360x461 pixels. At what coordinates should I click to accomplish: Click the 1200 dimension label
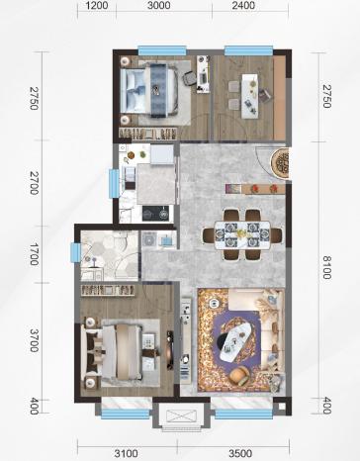[97, 5]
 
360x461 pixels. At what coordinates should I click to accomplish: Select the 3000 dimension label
[159, 5]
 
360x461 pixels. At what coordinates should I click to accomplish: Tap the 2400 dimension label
[243, 5]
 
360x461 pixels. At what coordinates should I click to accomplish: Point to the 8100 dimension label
[326, 267]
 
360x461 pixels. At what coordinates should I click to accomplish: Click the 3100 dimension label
[126, 453]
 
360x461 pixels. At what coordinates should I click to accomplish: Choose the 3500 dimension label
[240, 453]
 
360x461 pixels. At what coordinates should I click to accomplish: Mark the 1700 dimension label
[34, 254]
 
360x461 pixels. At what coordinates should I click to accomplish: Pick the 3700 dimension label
[34, 340]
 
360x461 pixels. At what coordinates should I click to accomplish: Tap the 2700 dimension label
[34, 183]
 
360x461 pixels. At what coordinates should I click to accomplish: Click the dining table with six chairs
[242, 234]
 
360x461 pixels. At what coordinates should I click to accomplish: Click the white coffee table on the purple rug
[235, 341]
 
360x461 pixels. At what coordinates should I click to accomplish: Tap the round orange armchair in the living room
[239, 375]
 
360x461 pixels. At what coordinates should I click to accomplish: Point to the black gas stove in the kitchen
[155, 213]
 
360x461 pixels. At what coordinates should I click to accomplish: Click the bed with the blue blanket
[149, 89]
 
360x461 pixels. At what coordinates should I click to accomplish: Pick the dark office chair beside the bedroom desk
[190, 78]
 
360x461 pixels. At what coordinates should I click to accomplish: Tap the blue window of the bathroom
[76, 252]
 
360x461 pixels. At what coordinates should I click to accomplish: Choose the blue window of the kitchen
[115, 183]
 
